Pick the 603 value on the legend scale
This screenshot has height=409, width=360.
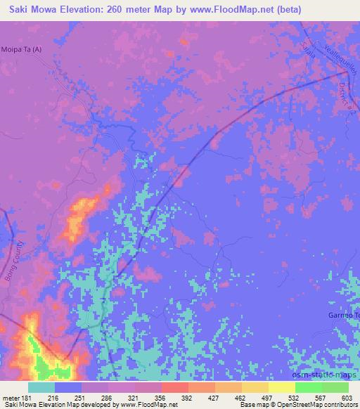click(x=348, y=397)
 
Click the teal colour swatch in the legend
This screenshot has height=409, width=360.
click(x=41, y=387)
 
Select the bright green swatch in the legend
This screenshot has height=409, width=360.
click(x=308, y=387)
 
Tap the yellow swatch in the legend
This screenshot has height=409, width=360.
click(x=255, y=387)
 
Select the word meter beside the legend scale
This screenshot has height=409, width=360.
click(x=12, y=397)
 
